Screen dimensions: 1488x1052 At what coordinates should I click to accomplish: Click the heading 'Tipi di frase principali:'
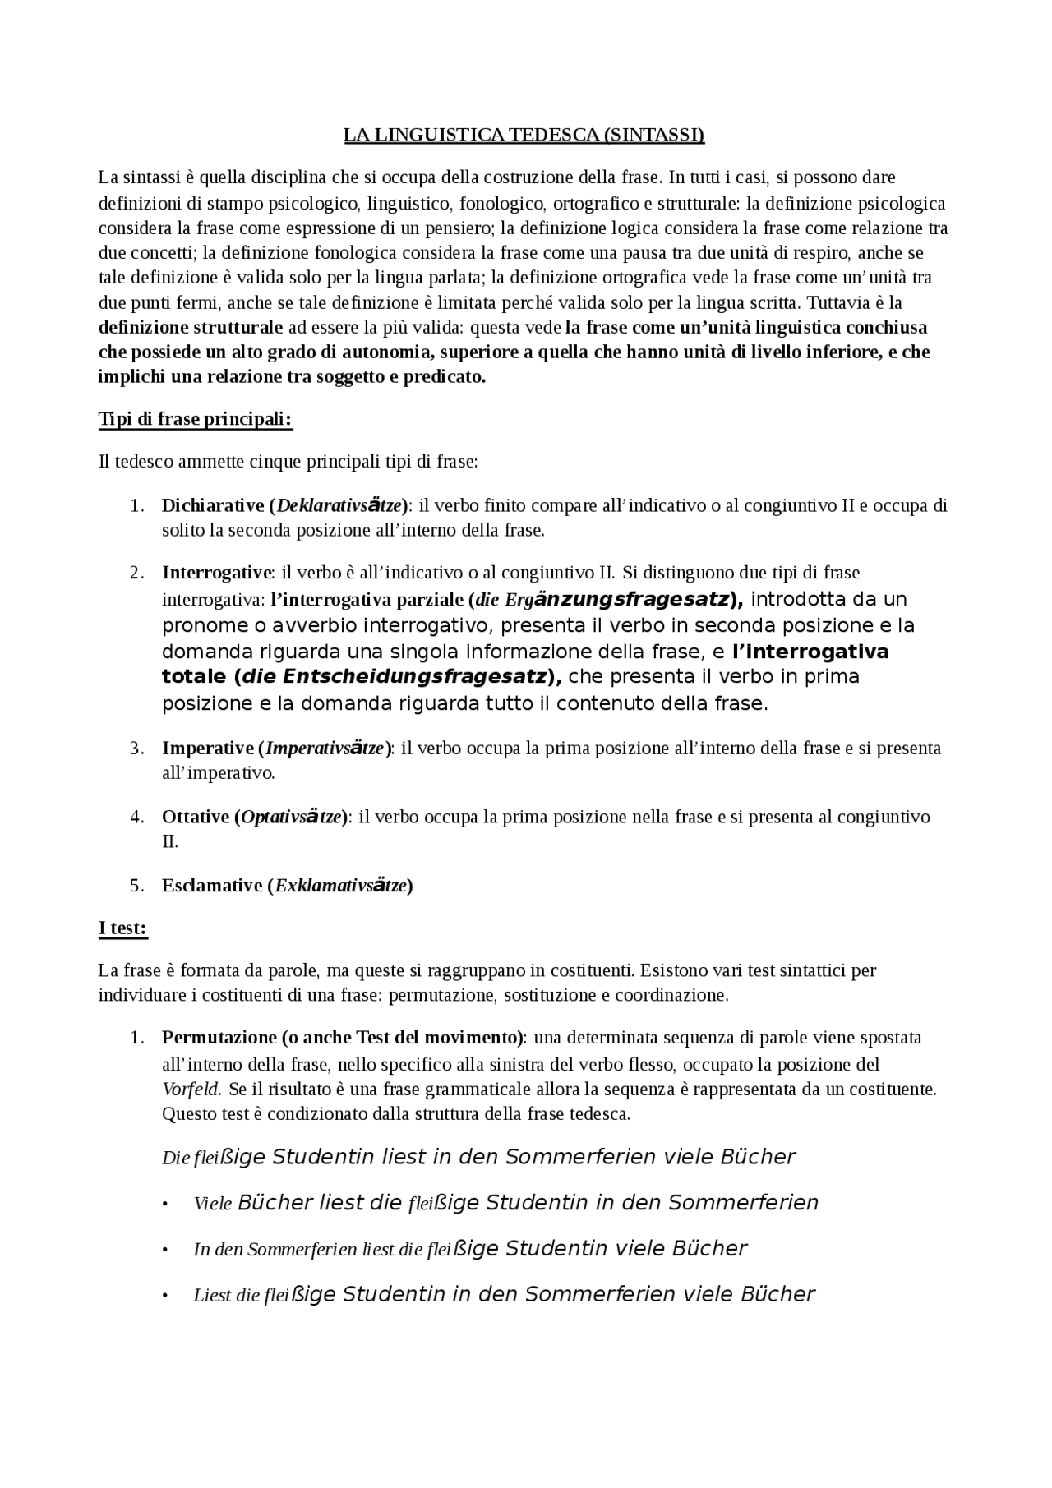click(196, 419)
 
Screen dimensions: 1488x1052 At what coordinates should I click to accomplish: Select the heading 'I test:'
click(122, 928)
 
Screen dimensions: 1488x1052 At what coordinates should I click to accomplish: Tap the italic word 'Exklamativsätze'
click(341, 886)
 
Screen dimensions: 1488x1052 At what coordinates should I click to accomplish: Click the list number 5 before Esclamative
click(136, 886)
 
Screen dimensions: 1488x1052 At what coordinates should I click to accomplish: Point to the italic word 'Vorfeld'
click(191, 1090)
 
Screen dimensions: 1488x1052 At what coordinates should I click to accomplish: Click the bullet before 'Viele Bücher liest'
click(165, 1205)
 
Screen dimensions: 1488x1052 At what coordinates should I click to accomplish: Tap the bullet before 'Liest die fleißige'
click(165, 1297)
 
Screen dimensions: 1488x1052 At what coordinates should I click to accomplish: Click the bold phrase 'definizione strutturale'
click(191, 328)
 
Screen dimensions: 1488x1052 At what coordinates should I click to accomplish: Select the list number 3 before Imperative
click(136, 749)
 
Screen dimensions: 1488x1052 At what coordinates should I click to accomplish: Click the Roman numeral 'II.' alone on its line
click(170, 842)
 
